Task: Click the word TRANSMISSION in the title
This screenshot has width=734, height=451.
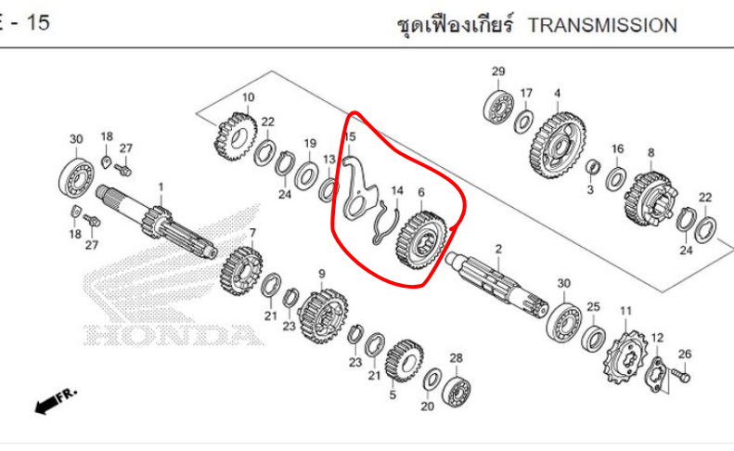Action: (x=602, y=25)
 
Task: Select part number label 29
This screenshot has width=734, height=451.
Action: (x=498, y=72)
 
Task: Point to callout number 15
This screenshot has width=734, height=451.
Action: (x=350, y=137)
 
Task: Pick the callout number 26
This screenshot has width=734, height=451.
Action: (x=685, y=353)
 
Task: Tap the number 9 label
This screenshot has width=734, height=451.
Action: (x=322, y=274)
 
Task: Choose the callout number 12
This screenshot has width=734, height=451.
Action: (x=657, y=338)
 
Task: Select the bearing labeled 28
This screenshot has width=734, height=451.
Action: (x=456, y=390)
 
